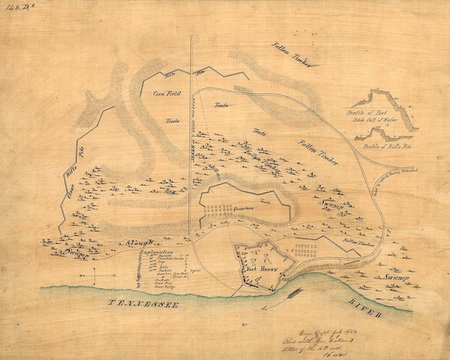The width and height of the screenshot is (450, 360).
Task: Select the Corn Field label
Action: point(163,93)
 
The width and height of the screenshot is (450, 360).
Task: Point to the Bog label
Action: point(168,190)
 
